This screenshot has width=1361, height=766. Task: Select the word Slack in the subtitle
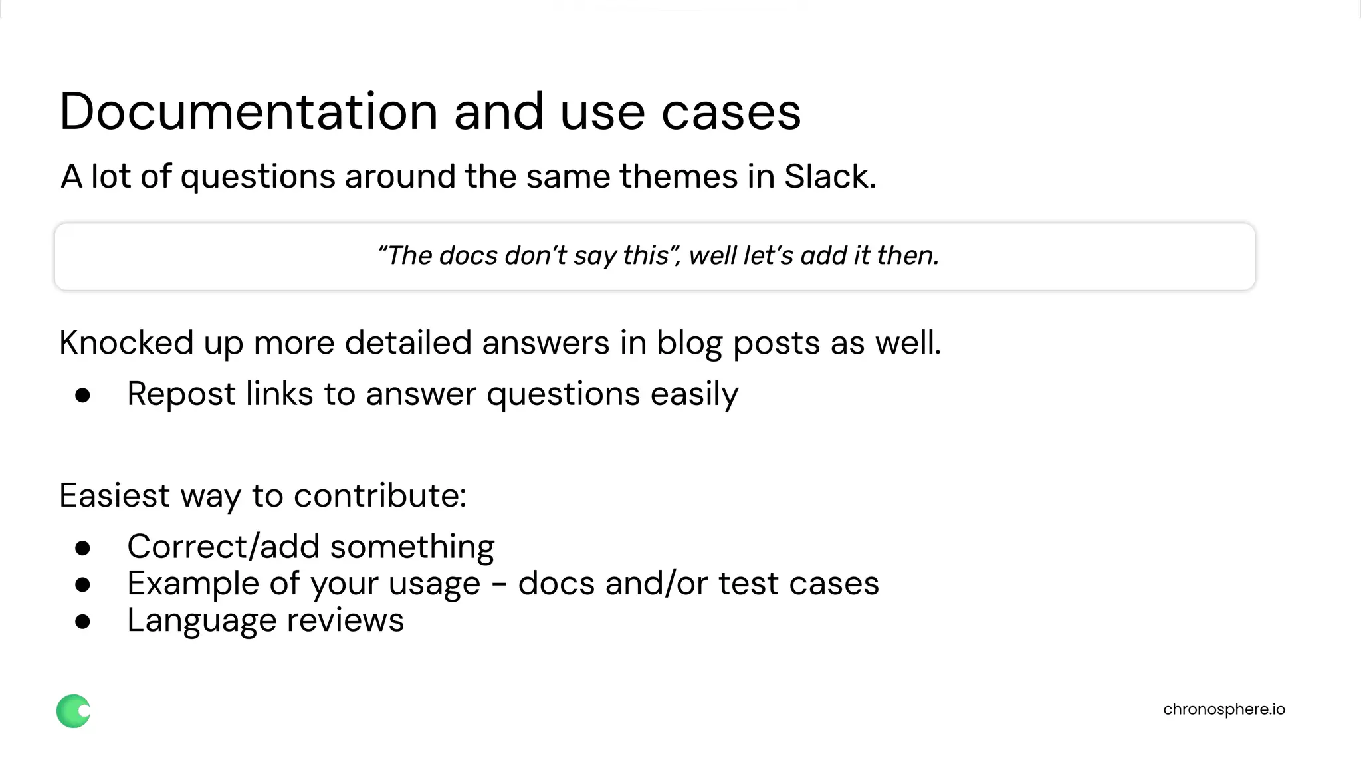pos(829,177)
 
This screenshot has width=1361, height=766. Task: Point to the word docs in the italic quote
pos(468,256)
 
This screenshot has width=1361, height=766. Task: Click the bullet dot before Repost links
pos(83,396)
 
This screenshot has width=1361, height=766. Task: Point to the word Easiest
pos(115,496)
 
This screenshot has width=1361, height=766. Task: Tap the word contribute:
pos(380,496)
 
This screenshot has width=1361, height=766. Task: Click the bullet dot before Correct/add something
pos(83,548)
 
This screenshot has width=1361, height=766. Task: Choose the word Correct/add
pos(223,547)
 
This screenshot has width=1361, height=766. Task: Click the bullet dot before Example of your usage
pos(83,585)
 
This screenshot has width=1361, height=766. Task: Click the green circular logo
pos(73,711)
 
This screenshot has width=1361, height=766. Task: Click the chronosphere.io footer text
pos(1223,709)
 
